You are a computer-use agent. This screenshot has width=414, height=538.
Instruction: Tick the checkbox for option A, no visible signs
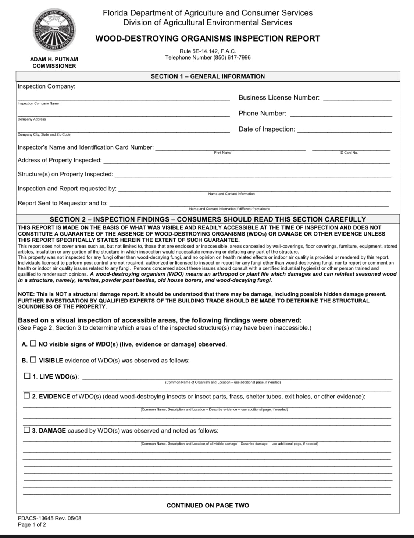[33, 344]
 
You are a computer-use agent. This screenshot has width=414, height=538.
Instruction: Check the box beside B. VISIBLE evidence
[33, 360]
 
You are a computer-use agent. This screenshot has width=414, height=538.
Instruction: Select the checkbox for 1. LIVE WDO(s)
[27, 376]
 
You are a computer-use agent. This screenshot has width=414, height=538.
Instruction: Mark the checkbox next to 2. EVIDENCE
[27, 396]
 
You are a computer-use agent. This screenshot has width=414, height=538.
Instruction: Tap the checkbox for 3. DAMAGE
[27, 430]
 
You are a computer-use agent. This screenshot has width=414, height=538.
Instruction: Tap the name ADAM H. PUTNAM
[54, 59]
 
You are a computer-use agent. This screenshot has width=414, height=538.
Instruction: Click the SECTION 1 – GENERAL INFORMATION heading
[208, 76]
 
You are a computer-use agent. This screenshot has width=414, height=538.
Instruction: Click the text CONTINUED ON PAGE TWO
[208, 506]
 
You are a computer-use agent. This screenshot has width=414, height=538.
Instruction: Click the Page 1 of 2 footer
[32, 524]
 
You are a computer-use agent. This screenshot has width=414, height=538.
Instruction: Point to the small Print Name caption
[222, 153]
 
